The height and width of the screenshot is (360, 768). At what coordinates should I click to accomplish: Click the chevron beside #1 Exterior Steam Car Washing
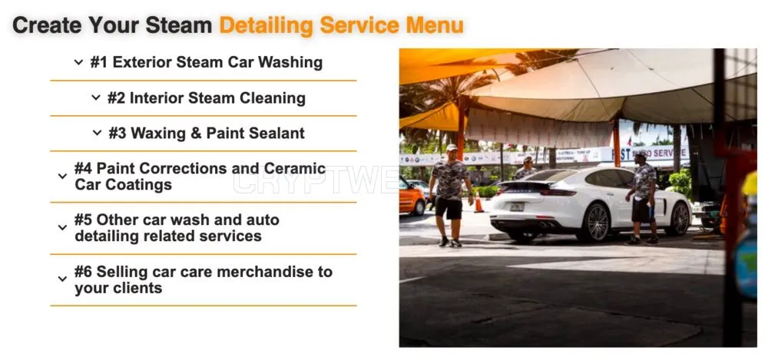coord(78,62)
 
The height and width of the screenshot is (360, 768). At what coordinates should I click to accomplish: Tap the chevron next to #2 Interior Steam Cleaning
coord(96,98)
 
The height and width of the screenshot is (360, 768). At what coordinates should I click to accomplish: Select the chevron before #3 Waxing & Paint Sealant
coord(97,133)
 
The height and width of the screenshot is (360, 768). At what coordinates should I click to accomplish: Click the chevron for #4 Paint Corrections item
coord(62,176)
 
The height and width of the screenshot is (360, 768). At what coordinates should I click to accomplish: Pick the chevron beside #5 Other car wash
coord(62,228)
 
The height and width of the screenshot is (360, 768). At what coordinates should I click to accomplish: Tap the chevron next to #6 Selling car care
coord(62,279)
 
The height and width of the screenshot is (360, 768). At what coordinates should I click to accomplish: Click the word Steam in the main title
coord(179,25)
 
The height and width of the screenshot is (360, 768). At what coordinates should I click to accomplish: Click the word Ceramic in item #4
coord(295,168)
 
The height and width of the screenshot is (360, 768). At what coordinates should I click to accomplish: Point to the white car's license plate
coord(516,206)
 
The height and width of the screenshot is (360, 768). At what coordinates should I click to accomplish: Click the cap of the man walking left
coord(451,147)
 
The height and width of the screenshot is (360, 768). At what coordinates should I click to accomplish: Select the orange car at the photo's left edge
coord(412,196)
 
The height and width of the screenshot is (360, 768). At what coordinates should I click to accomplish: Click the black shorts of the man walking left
coord(449,208)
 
